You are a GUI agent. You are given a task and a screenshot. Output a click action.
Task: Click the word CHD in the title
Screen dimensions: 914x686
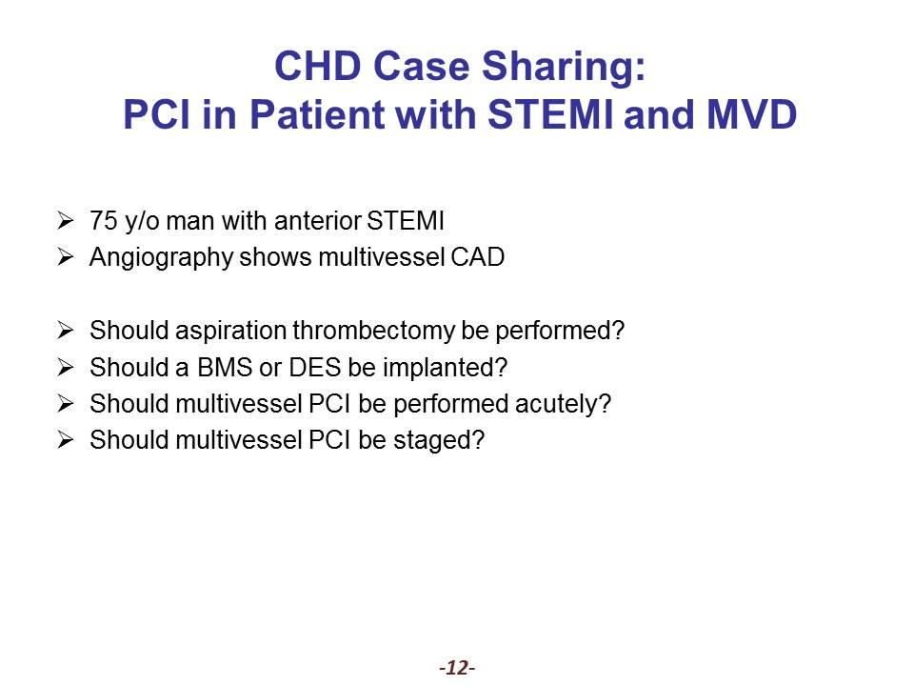point(318,66)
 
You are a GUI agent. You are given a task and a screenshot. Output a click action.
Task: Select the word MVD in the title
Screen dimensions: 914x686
point(751,114)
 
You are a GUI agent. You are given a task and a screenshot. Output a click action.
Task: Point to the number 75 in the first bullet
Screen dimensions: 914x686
point(103,221)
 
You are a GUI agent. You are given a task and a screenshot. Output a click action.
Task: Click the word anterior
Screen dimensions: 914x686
point(318,221)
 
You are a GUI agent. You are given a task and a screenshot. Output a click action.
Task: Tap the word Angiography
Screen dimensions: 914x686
point(161,258)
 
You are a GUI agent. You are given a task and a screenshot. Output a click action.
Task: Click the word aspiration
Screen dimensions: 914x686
point(230,332)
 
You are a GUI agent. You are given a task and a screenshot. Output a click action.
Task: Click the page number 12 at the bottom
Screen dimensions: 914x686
point(458,667)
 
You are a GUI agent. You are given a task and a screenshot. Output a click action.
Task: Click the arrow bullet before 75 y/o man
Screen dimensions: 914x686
point(66,221)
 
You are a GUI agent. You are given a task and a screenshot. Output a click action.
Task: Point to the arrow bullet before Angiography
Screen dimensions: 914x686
point(66,257)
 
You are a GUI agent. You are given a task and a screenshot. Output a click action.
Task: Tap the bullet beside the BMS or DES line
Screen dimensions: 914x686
point(66,368)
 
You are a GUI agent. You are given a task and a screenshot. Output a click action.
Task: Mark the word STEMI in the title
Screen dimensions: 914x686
point(549,114)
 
